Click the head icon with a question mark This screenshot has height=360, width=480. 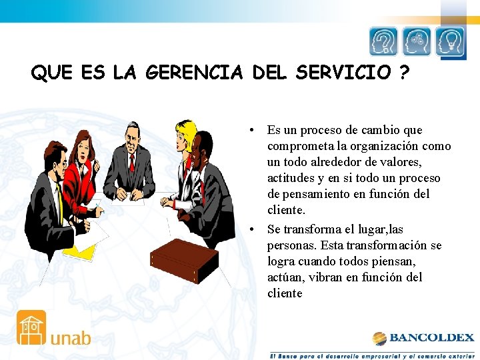(x=384, y=42)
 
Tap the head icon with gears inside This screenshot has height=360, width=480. (x=417, y=42)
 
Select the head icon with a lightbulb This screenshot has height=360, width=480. (x=450, y=42)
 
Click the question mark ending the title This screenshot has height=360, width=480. (x=405, y=73)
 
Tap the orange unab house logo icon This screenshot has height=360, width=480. (x=31, y=327)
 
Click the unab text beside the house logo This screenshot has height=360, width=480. (x=70, y=337)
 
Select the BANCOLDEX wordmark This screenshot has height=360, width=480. (x=432, y=337)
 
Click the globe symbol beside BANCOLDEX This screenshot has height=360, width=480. (x=379, y=338)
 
